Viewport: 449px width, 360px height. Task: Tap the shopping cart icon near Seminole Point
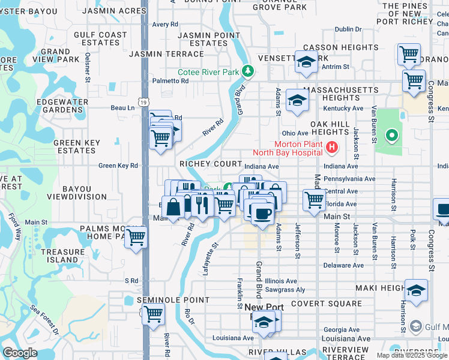(153, 313)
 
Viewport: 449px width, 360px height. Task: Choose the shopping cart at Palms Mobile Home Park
(136, 237)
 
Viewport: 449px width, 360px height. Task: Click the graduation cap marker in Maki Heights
(416, 291)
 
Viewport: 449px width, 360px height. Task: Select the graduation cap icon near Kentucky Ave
(297, 101)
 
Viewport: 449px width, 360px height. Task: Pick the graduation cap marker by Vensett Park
(306, 62)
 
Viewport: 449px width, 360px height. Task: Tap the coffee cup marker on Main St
(262, 214)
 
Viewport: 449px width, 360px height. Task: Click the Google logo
(20, 352)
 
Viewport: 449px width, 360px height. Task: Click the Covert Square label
(325, 304)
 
